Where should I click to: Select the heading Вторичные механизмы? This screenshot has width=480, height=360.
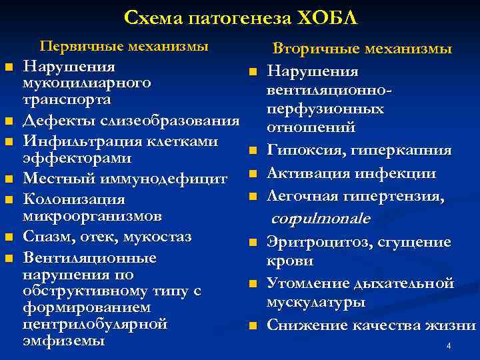click(x=363, y=49)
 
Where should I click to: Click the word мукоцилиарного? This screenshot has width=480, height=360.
click(x=87, y=83)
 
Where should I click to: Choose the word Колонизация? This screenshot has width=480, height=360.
click(x=65, y=199)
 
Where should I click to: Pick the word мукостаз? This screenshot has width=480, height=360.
click(x=163, y=236)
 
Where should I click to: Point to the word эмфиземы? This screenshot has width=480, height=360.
click(x=63, y=341)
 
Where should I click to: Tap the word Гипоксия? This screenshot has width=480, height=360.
click(x=297, y=151)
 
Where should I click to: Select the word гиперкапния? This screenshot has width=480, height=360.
click(x=395, y=151)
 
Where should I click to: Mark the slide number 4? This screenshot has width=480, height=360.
click(x=449, y=345)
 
